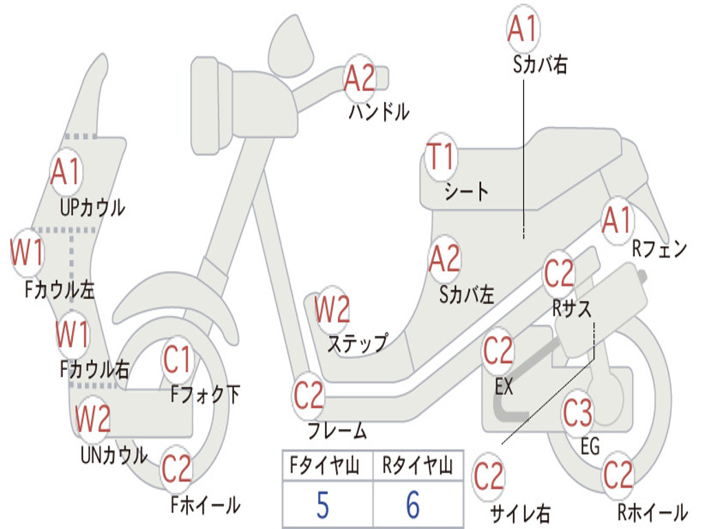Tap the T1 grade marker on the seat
click(441, 157)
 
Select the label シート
click(466, 191)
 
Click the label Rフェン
click(660, 249)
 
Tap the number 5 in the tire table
click(322, 506)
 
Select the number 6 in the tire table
click(412, 506)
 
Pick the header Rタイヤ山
click(417, 466)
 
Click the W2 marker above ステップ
click(332, 310)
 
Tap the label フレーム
click(337, 432)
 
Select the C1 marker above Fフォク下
click(177, 360)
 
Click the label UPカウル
click(92, 207)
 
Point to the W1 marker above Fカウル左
click(28, 253)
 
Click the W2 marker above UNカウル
click(92, 418)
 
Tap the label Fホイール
click(205, 505)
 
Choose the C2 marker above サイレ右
click(489, 476)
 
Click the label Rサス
click(571, 308)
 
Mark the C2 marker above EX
click(498, 351)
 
